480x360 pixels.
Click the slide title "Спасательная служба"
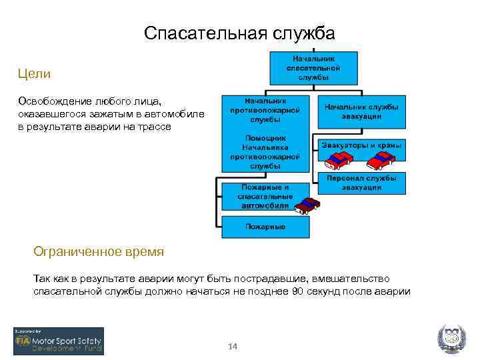click(x=239, y=33)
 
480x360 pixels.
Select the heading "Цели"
click(x=35, y=73)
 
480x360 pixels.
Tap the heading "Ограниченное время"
click(x=99, y=252)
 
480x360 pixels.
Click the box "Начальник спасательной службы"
click(x=313, y=67)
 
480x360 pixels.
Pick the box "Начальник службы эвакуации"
click(x=361, y=111)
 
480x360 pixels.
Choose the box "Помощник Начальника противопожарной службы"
click(x=265, y=151)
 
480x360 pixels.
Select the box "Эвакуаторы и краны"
click(x=361, y=145)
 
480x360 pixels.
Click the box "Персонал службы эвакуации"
click(x=361, y=183)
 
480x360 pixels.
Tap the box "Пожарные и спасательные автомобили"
click(x=265, y=196)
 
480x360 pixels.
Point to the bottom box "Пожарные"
click(x=265, y=227)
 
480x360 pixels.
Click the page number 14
click(x=233, y=347)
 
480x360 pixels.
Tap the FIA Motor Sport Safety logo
click(x=59, y=341)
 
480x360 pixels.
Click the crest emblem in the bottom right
click(x=451, y=340)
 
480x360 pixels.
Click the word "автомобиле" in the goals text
click(x=177, y=114)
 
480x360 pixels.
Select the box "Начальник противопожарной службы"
click(x=265, y=111)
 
